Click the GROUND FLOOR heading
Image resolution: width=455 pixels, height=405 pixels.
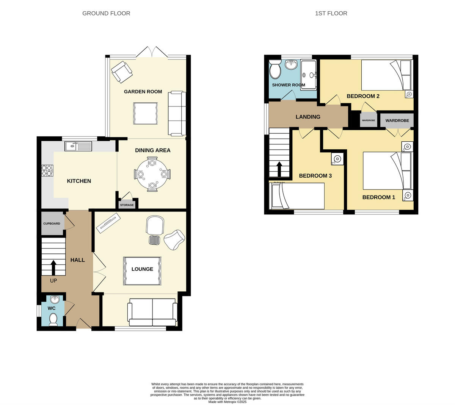click(x=106, y=13)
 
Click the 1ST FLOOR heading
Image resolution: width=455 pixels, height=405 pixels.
click(x=331, y=13)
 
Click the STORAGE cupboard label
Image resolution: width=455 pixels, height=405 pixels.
click(x=127, y=205)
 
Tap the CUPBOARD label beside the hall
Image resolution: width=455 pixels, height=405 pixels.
click(x=52, y=224)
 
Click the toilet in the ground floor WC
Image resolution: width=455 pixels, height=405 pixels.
click(x=53, y=319)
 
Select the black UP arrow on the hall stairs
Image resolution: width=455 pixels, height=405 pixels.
click(x=53, y=267)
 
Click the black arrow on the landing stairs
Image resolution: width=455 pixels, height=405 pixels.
click(x=279, y=169)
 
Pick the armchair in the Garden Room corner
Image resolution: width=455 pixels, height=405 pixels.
click(x=121, y=72)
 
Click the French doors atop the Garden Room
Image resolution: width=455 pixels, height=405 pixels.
click(x=153, y=52)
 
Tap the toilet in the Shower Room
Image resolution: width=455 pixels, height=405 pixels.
click(x=275, y=69)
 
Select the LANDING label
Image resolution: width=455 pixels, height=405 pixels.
click(x=308, y=117)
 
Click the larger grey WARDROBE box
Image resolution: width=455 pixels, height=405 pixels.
click(x=397, y=120)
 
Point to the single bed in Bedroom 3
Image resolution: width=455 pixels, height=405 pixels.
click(x=297, y=196)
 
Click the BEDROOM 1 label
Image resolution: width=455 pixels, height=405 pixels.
click(x=378, y=197)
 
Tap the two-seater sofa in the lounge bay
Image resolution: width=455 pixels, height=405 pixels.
click(x=153, y=313)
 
